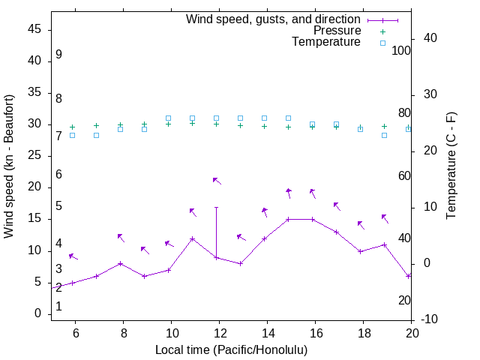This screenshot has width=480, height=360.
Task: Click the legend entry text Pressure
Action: pyautogui.click(x=337, y=31)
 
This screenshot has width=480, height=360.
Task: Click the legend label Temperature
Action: pyautogui.click(x=326, y=42)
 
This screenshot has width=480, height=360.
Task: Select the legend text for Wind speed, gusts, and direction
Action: pyautogui.click(x=274, y=19)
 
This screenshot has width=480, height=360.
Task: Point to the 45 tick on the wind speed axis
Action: pyautogui.click(x=34, y=29)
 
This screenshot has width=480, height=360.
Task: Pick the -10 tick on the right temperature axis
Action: pyautogui.click(x=431, y=319)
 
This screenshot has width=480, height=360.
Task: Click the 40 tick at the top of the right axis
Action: pyautogui.click(x=431, y=38)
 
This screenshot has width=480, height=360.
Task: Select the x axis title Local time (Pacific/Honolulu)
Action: pyautogui.click(x=231, y=349)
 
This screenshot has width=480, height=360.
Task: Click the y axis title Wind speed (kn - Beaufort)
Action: pyautogui.click(x=9, y=166)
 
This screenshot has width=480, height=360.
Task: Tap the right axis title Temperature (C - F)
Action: pyautogui.click(x=451, y=166)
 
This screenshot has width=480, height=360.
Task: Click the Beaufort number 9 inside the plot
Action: pyautogui.click(x=58, y=55)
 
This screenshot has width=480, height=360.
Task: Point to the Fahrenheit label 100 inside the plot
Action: pyautogui.click(x=402, y=51)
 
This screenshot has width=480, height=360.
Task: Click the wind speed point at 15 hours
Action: pyautogui.click(x=288, y=220)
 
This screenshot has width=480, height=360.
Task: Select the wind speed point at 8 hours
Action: pyautogui.click(x=120, y=264)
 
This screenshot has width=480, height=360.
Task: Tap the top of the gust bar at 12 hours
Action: pyautogui.click(x=216, y=207)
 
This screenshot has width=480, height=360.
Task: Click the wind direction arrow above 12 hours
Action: pyautogui.click(x=217, y=181)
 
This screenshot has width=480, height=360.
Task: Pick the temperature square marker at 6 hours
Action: pyautogui.click(x=72, y=135)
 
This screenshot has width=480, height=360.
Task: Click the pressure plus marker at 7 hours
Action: pyautogui.click(x=96, y=125)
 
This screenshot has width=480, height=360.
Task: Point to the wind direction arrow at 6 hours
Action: pyautogui.click(x=73, y=256)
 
